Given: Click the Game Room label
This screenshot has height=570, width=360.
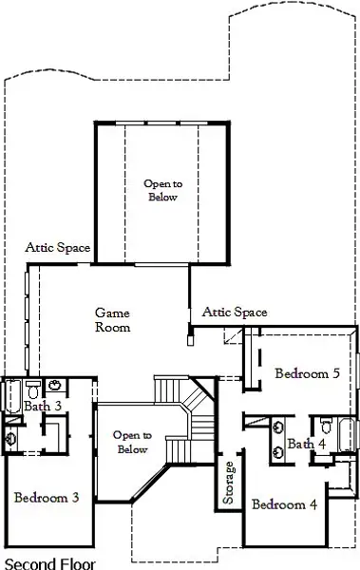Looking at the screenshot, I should point(112,319).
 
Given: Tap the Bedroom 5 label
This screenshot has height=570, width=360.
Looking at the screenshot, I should point(307,373).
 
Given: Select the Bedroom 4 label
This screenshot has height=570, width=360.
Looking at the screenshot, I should point(285,503).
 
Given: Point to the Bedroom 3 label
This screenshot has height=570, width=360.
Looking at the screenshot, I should point(46,497).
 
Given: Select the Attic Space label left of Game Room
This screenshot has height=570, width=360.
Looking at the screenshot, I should point(58,248).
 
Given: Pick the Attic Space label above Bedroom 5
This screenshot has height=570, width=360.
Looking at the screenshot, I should point(235,312).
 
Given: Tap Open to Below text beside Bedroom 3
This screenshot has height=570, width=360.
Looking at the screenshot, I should point(131,442).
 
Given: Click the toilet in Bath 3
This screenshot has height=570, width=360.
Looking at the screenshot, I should point(33,389).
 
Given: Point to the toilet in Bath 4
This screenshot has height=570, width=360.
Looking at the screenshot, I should point(325,424).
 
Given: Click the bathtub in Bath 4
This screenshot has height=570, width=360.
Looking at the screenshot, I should point(347,435).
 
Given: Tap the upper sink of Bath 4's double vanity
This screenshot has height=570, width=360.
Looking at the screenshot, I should point(279,427).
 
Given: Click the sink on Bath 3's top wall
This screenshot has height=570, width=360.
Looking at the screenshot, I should point(55,387).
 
